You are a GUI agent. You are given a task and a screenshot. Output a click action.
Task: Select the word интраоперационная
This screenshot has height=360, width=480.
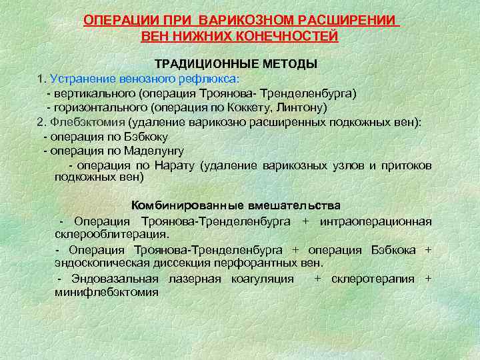click(x=375, y=221)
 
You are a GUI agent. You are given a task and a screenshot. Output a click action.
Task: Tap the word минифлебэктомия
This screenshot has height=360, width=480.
click(x=106, y=292)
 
